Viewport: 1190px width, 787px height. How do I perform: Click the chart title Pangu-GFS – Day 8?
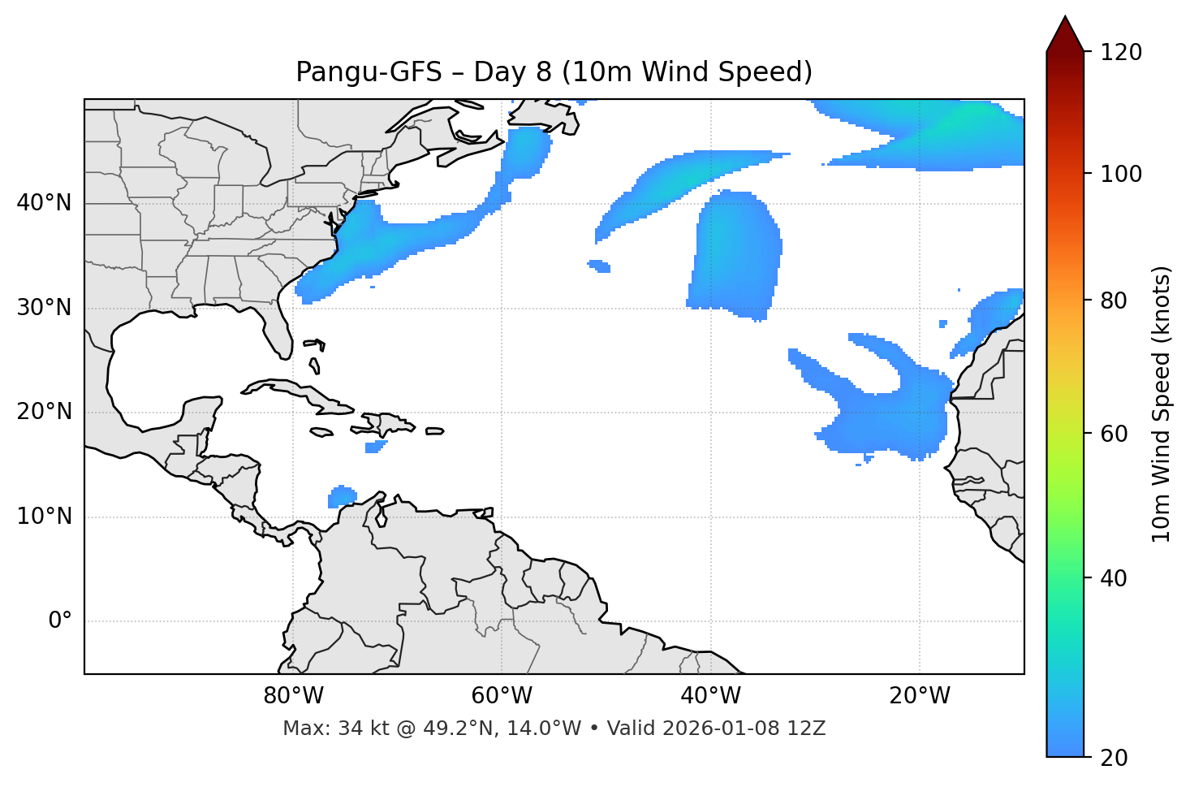554,72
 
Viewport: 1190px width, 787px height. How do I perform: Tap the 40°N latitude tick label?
44,203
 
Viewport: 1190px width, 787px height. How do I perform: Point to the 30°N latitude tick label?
44,308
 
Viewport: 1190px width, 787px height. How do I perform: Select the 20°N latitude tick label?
44,412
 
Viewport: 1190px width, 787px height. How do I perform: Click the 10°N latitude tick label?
44,517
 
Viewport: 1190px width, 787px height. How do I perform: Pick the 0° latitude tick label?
60,621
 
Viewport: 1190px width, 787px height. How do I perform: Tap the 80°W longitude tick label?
293,696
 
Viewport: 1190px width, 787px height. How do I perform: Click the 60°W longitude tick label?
502,696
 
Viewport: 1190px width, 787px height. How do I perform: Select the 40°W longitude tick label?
710,696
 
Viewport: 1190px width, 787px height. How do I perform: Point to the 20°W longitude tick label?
919,696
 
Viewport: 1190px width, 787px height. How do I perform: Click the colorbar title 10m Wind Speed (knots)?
1162,404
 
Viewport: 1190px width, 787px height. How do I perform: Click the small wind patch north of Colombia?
343,495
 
